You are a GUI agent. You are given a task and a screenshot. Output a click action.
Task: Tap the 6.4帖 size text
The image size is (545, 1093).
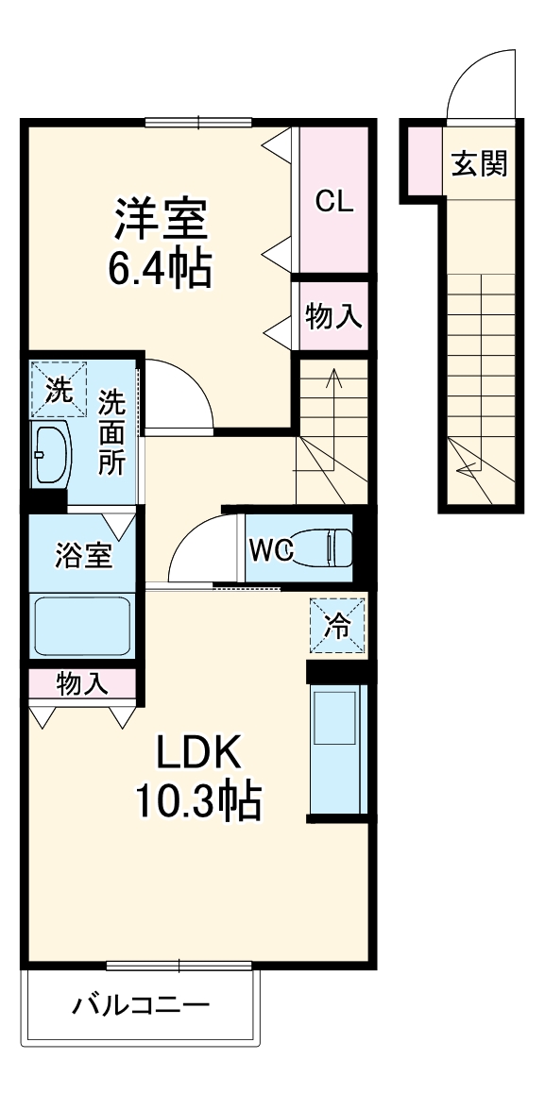[x=160, y=270]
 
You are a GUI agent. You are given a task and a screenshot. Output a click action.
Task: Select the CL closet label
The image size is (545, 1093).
[x=333, y=200]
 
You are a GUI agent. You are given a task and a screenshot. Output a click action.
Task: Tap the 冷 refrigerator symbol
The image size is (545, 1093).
[x=337, y=624]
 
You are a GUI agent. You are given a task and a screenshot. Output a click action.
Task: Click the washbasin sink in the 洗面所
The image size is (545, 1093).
[x=50, y=454]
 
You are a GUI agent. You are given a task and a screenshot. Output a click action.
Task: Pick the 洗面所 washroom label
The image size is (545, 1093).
[x=112, y=432]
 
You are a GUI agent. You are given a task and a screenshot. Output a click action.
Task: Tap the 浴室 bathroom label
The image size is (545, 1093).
[x=83, y=555]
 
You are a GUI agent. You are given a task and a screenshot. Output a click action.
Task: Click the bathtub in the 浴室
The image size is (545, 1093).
[x=82, y=625]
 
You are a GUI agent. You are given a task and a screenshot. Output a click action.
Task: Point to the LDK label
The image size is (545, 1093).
[x=199, y=755]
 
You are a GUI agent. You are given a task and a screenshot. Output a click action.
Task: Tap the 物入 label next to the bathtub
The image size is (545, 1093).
[x=82, y=682]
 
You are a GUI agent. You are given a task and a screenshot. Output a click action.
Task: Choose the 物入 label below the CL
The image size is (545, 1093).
[x=333, y=317]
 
